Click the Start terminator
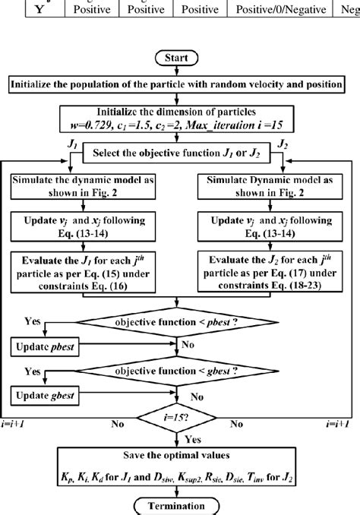180,57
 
